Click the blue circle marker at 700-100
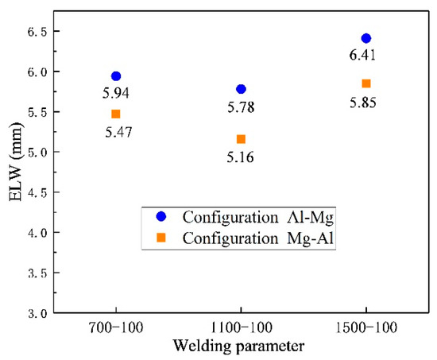pos(116,76)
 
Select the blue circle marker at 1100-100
pos(241,89)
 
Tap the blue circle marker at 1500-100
pos(365,38)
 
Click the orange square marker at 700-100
pos(116,114)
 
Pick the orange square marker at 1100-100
pos(241,139)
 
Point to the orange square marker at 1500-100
pos(365,83)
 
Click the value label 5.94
pos(116,93)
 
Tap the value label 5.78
pos(241,106)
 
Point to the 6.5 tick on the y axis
pos(37,31)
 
